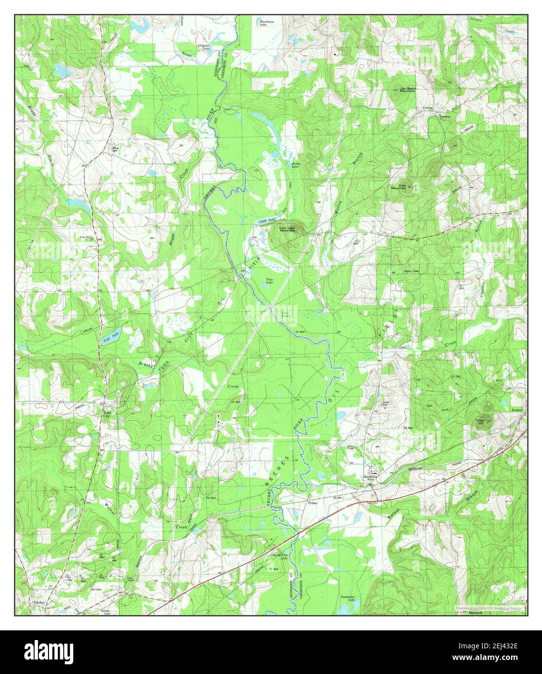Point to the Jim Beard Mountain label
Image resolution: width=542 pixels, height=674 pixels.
coord(408,90)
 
